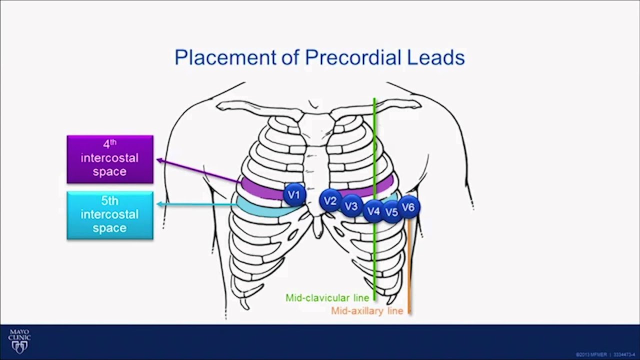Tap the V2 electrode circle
tap(330, 201)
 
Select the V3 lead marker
tap(351, 206)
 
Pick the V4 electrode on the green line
tap(373, 211)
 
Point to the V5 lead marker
tap(391, 212)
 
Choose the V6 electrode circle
tap(408, 207)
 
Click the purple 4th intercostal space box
tap(110, 159)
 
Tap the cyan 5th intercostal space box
tap(110, 215)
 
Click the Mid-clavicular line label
tap(327, 298)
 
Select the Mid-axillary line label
tap(367, 311)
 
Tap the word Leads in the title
tap(436, 57)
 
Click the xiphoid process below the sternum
tap(317, 228)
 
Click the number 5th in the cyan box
tap(110, 201)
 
